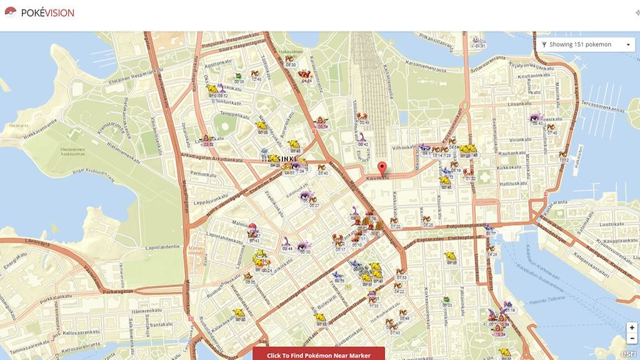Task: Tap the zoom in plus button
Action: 632,327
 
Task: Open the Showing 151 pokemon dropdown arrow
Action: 627,45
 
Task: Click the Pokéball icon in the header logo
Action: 9,12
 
